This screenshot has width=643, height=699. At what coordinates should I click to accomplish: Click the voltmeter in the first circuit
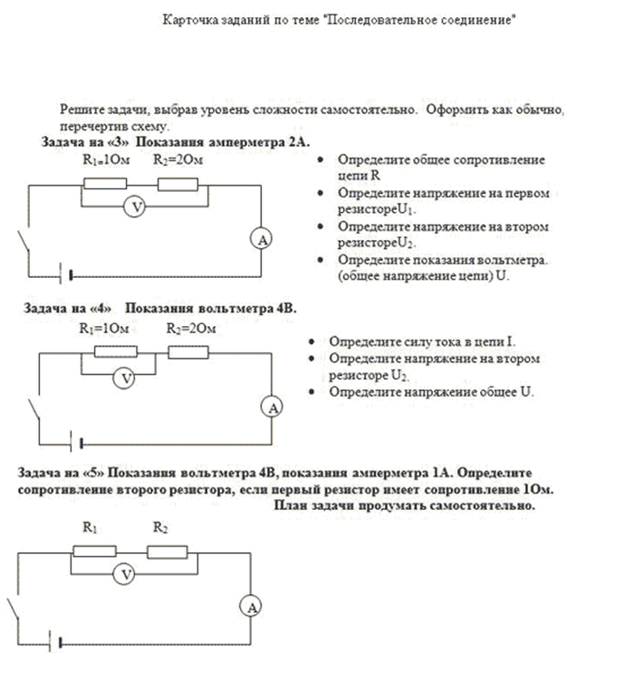click(135, 207)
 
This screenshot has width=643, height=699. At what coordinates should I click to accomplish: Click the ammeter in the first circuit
click(262, 239)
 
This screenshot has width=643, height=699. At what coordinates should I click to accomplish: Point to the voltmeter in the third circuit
click(128, 574)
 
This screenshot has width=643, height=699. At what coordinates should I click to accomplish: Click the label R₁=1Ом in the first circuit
click(101, 159)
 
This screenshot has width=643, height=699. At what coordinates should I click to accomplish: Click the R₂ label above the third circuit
click(159, 526)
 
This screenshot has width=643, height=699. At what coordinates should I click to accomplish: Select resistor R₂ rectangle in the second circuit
click(190, 351)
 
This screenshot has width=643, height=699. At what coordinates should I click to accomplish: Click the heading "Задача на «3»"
click(85, 142)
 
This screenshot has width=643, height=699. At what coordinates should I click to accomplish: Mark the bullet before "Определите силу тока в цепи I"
click(312, 342)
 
